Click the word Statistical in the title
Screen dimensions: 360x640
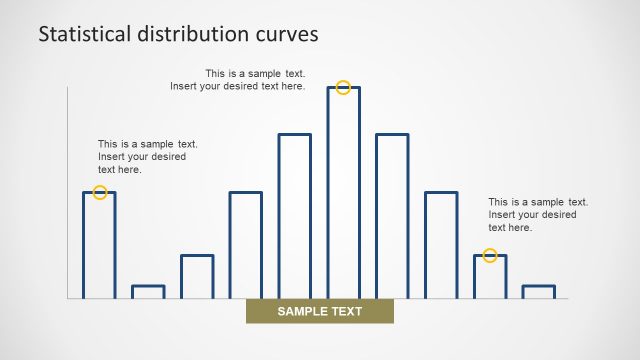tap(84, 34)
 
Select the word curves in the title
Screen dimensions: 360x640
tap(289, 34)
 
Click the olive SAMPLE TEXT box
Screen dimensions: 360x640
tap(320, 312)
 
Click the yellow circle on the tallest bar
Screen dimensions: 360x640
tap(343, 88)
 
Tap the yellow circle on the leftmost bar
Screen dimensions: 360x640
tap(100, 192)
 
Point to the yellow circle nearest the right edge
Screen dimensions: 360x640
tap(490, 256)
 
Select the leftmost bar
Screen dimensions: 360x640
tap(99, 246)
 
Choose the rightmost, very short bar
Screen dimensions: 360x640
tap(538, 292)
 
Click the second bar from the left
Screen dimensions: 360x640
tap(148, 292)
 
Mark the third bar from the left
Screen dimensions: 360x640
tap(197, 277)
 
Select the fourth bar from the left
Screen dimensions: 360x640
tap(246, 246)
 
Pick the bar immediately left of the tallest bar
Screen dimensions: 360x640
tap(294, 217)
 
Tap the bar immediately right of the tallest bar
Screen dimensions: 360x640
tap(392, 217)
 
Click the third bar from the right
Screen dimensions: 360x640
tap(441, 246)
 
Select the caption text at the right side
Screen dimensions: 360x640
tap(537, 215)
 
